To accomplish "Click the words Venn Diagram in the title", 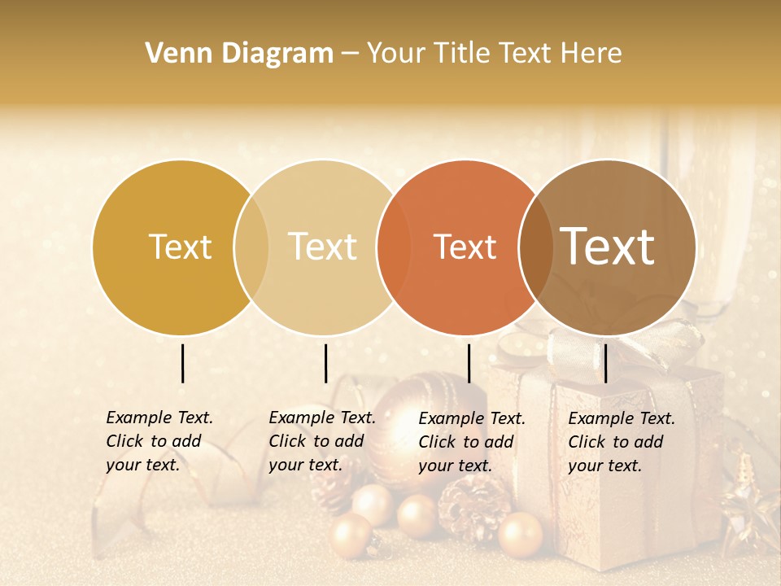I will (x=239, y=54).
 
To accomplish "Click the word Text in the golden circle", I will (x=180, y=247).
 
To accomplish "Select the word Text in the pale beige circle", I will (x=323, y=247).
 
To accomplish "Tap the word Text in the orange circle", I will (x=465, y=247).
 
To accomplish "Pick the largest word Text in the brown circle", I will (x=608, y=247).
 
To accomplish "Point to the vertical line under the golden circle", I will (x=182, y=363).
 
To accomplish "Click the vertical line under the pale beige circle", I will (x=325, y=363).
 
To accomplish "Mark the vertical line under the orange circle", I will (x=469, y=363).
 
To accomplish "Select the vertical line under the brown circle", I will (x=605, y=363).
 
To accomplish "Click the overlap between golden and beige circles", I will (x=251, y=247).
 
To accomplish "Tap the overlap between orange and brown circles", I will (x=536, y=247).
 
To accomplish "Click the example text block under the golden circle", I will (x=159, y=441).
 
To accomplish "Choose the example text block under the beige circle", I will (x=321, y=441).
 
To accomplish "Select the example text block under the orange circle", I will (x=471, y=442).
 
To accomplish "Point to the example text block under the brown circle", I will (x=621, y=442).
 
